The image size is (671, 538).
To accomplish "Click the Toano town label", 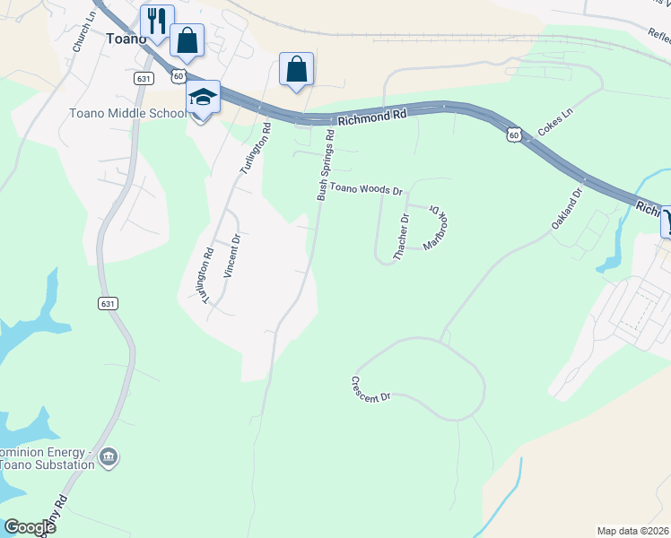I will (x=125, y=39).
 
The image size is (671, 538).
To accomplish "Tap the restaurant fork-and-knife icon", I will (x=157, y=20).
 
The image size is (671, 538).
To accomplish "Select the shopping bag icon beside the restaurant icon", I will (x=187, y=40).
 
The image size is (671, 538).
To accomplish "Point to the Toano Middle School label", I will (x=127, y=113).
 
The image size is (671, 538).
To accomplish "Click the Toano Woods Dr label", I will (x=366, y=189).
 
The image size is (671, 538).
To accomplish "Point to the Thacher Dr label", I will (x=401, y=236).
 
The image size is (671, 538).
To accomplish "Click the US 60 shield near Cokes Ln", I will (x=513, y=134).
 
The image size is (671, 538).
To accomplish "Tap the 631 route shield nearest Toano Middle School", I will (x=144, y=79).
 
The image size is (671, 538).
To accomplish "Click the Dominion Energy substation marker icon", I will (x=109, y=456).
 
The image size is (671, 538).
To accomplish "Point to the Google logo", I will (x=30, y=527).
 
